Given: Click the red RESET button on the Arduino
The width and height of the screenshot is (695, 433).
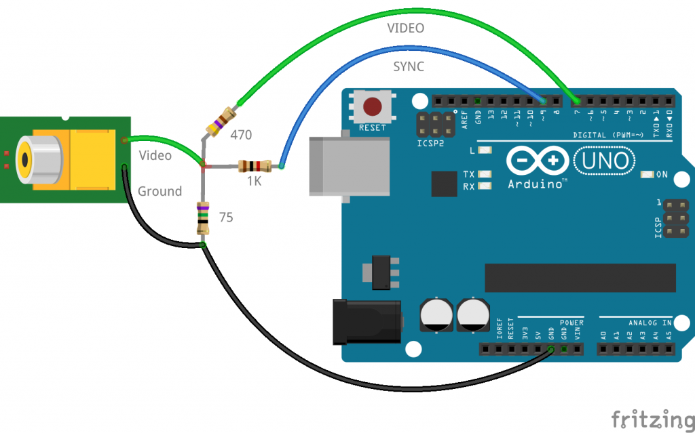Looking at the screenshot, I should click(372, 107).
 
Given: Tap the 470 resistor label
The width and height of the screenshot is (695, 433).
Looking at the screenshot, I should click(241, 135).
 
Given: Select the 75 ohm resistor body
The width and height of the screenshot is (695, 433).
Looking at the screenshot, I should click(202, 218).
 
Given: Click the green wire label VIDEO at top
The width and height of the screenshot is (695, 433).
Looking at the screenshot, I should click(405, 28).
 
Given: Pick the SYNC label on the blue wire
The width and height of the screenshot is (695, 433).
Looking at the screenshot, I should click(409, 67).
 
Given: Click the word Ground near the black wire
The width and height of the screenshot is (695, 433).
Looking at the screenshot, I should click(159, 192).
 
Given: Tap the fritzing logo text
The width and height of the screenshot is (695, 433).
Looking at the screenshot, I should click(652, 418).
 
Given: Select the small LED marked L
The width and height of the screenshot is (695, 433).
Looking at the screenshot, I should click(485, 150).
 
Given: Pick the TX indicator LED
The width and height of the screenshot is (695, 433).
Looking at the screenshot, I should click(485, 174).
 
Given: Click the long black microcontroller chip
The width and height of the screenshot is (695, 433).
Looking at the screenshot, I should click(580, 275).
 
